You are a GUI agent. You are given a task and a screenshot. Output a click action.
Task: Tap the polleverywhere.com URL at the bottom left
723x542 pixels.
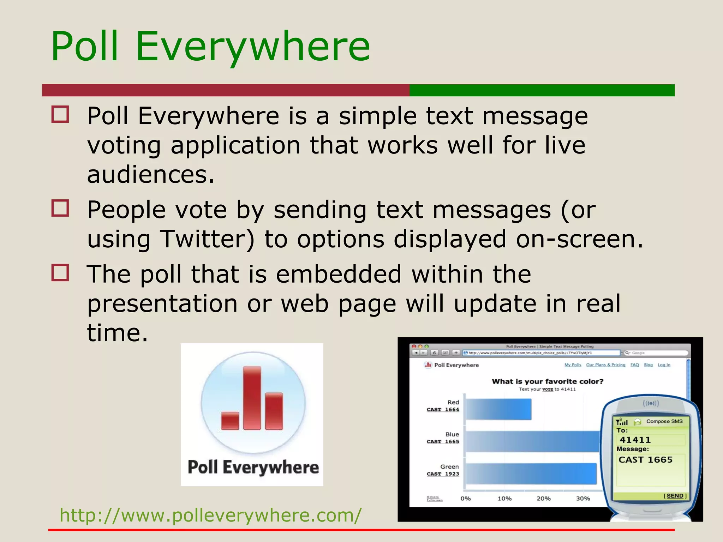pos(210,515)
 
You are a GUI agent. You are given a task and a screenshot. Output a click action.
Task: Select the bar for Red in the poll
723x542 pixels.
pos(498,409)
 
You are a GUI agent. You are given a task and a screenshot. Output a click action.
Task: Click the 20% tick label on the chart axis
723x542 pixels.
pos(544,499)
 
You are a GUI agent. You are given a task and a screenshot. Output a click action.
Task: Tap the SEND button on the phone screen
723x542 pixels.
pos(675,496)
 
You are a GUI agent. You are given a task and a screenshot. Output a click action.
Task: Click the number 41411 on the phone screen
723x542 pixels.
pos(635,440)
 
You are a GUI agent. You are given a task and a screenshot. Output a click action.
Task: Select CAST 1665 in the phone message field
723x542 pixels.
pos(645,459)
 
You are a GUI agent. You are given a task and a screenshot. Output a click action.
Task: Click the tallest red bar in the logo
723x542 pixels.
pos(252,398)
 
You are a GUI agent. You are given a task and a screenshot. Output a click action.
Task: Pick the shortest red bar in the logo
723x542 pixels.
pos(230,421)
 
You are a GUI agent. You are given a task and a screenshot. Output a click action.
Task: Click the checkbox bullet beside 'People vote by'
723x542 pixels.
pos(60,208)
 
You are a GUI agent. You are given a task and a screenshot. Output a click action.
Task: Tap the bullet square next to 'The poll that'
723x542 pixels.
pos(60,273)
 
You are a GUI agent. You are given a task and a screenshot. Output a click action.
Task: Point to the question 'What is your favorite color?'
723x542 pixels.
pos(548,381)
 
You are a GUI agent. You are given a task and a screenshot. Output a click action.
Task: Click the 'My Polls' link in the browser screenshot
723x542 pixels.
pos(573,365)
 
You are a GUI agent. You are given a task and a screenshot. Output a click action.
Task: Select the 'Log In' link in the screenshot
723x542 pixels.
pos(664,365)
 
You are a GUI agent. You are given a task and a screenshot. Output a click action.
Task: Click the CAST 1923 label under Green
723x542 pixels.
pos(443,474)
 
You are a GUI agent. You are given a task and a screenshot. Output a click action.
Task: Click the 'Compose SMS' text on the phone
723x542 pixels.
pos(664,421)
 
